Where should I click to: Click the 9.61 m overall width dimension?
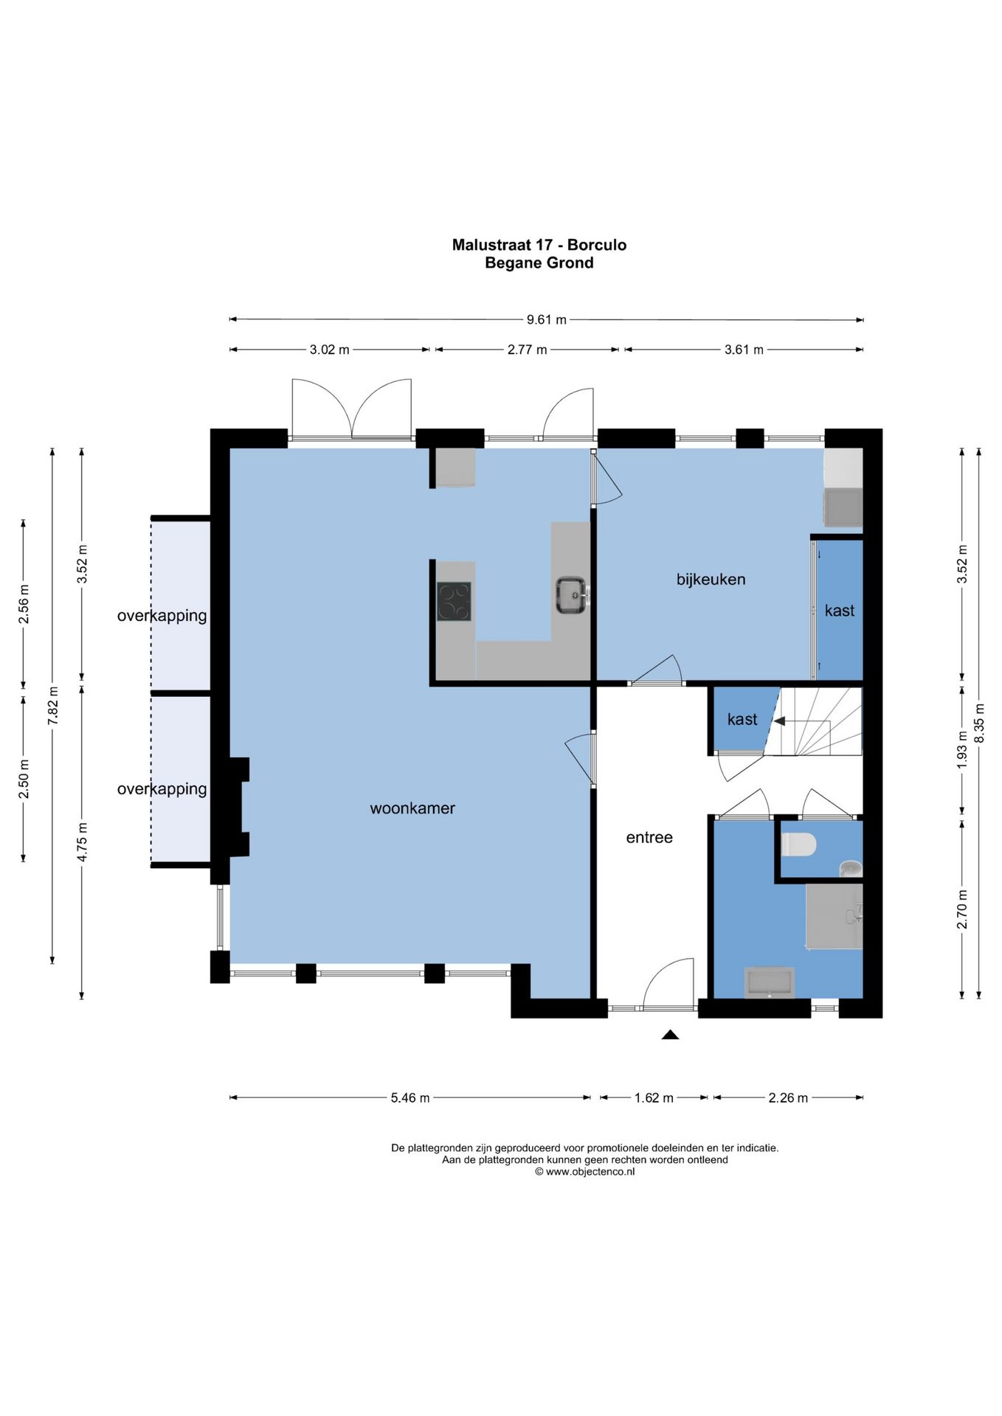tap(546, 319)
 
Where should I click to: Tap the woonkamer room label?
tap(412, 808)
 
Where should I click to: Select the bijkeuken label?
tap(711, 580)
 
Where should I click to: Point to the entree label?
tap(649, 837)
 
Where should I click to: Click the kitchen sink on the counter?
tap(572, 595)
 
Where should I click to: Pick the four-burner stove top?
tap(454, 601)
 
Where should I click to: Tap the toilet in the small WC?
tap(798, 844)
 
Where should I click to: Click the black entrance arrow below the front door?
tap(670, 1035)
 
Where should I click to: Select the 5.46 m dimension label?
tap(410, 1097)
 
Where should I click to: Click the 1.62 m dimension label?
tap(654, 1097)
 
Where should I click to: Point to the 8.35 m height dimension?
tap(979, 723)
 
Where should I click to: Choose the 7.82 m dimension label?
tap(53, 706)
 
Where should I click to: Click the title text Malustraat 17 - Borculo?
tap(539, 245)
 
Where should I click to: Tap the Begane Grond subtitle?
tap(539, 263)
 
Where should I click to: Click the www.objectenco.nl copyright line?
tap(584, 1171)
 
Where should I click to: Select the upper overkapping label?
tap(162, 616)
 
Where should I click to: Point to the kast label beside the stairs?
tap(742, 719)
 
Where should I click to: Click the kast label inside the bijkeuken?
tap(840, 611)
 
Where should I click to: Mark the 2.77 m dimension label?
tap(527, 350)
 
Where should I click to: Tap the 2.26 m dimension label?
tap(788, 1097)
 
